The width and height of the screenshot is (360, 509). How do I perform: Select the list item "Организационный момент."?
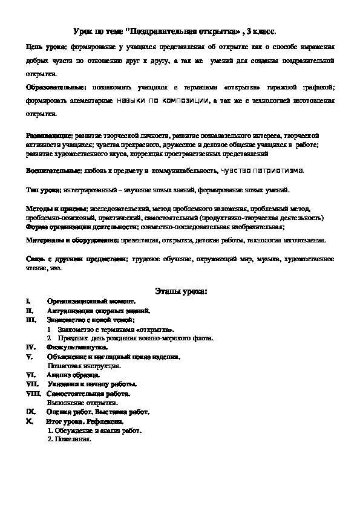point(91,300)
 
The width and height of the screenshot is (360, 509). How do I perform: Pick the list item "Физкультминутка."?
point(77,348)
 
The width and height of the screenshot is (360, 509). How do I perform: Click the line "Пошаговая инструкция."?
point(84,366)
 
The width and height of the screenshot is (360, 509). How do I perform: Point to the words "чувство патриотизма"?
point(261,171)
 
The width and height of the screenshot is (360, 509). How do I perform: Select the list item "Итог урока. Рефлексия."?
point(86,421)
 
